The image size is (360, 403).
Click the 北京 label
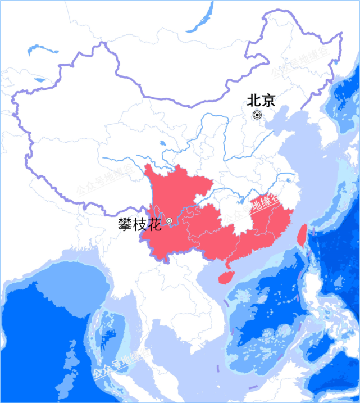pos(261,101)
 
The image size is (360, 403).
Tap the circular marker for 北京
pos(257,115)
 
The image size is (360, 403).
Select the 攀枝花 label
pos(139,223)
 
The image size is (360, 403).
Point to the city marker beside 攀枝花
pos(169,221)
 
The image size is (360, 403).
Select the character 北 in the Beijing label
pos(254,101)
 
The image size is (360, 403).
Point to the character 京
pos(268,101)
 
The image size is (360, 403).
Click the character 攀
pos(125,223)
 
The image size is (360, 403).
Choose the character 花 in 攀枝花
pos(154,223)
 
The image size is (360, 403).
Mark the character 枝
pos(139,223)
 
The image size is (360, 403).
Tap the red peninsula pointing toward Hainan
pos(227,262)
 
